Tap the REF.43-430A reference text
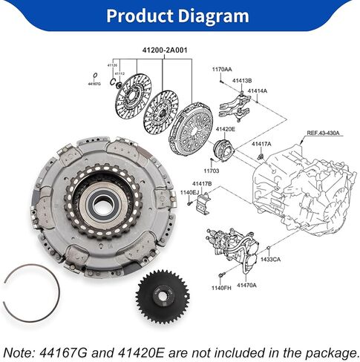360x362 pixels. point(323,133)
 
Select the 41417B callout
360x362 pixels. point(202,183)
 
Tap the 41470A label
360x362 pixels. point(246,286)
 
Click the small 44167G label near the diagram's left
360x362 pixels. point(94,85)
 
